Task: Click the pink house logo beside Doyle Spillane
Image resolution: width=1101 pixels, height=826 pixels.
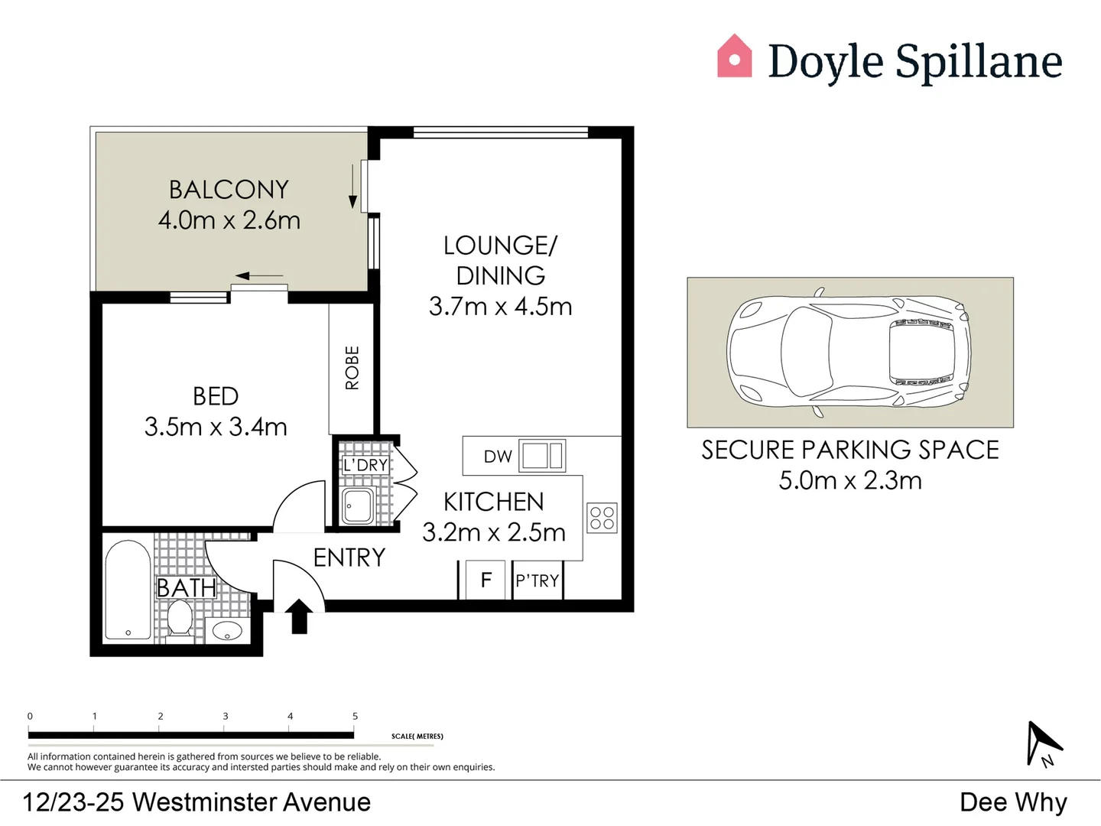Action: point(734,57)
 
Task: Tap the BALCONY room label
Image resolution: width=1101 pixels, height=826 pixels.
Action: point(229,189)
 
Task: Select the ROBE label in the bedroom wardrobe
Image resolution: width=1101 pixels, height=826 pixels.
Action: point(352,368)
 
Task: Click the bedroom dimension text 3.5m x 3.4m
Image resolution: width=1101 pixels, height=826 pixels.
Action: point(216,427)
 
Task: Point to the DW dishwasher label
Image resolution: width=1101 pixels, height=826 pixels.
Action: point(498,457)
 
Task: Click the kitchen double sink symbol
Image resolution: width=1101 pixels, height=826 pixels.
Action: point(542,455)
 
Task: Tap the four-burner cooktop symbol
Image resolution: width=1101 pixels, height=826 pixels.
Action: point(602,518)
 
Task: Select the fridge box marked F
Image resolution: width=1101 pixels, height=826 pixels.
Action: point(486,580)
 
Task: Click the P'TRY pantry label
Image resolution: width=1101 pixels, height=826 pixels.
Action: point(538,581)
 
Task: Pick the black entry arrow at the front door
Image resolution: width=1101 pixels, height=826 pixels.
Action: point(299,616)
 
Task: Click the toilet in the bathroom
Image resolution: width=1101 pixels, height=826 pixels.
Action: point(180,617)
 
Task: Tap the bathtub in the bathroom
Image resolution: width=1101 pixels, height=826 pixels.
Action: point(128,590)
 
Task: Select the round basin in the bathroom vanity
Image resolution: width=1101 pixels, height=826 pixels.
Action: point(227,631)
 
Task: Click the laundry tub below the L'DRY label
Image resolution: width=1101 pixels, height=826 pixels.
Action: point(357,506)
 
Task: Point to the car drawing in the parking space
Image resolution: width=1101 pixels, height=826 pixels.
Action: point(849,353)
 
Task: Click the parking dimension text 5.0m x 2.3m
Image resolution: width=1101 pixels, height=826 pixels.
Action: point(850,480)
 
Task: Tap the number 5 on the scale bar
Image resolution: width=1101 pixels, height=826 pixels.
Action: point(355,716)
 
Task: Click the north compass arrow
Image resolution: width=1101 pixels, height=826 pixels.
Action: point(1043,742)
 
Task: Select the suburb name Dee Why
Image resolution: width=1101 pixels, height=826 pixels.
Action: point(1013,802)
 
